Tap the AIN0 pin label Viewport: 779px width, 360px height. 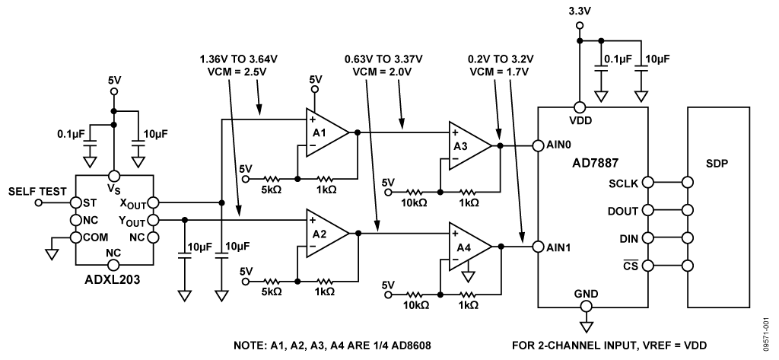561,145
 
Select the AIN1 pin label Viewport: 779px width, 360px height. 561,246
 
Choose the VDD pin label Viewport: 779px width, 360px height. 580,119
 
